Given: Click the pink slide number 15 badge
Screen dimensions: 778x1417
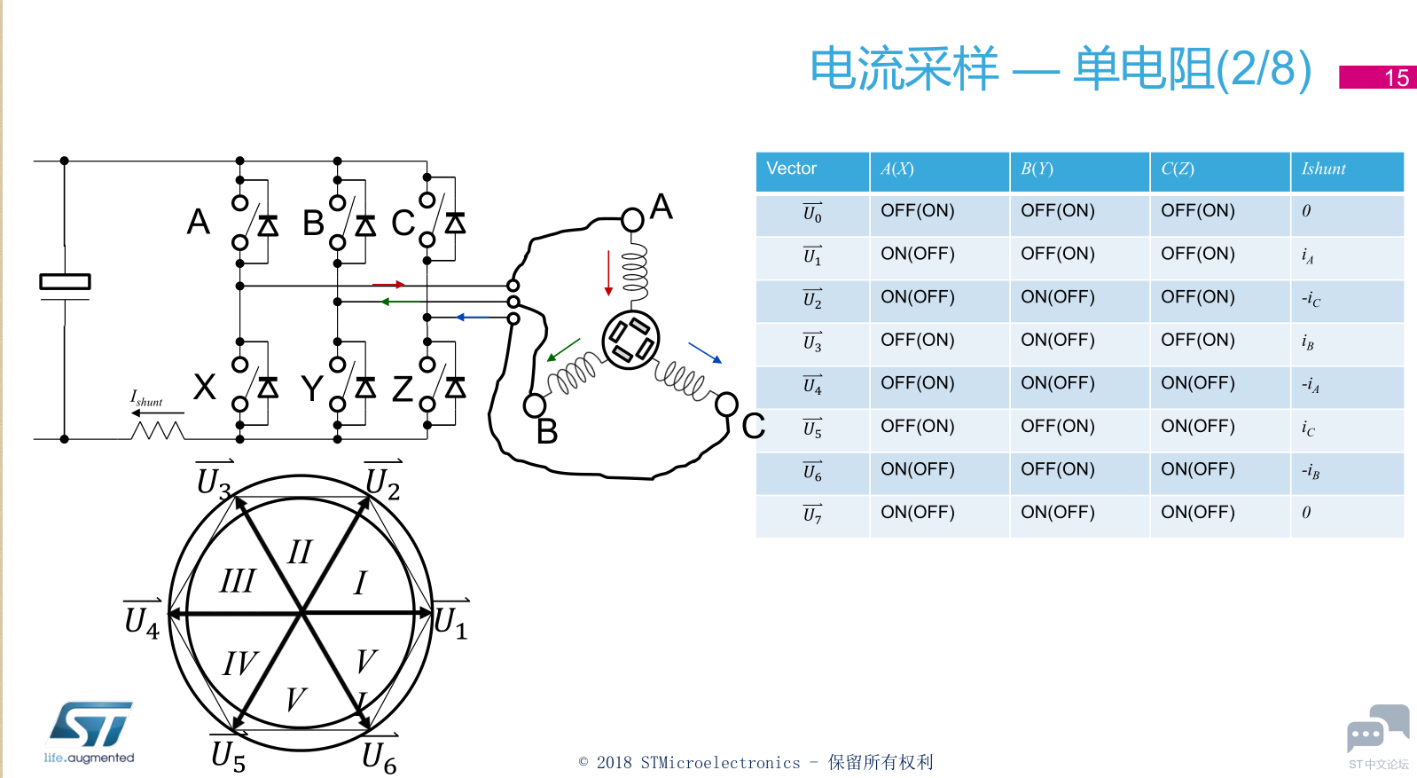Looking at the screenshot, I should click(1377, 77).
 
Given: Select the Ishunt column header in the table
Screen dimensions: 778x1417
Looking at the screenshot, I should click(1346, 170).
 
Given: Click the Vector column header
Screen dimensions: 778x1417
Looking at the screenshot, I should click(811, 170).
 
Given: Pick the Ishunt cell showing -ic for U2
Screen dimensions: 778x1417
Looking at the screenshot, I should click(1346, 300).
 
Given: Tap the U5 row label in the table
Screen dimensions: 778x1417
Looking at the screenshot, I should click(811, 428).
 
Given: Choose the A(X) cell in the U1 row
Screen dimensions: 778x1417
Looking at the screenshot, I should click(938, 255).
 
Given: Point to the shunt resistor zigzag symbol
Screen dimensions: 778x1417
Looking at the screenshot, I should click(157, 431).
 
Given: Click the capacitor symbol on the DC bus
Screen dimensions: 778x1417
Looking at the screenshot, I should click(65, 283).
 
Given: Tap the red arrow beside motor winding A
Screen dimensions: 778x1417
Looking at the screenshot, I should click(608, 272).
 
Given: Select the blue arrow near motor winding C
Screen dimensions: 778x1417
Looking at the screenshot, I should click(705, 352).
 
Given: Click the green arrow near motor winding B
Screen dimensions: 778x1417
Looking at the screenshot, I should click(563, 350).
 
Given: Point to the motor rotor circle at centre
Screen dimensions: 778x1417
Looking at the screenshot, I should click(630, 340).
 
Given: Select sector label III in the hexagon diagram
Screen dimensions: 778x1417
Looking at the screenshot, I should click(237, 581).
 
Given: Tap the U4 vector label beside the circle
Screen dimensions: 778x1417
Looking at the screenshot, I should click(142, 617).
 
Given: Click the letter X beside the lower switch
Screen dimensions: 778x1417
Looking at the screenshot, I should click(205, 387).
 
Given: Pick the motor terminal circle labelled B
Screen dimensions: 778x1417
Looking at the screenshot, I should click(535, 406).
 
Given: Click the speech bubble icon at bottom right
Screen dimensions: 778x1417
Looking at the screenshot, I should click(1377, 729).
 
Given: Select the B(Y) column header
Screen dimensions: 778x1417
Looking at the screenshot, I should click(1078, 170).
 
